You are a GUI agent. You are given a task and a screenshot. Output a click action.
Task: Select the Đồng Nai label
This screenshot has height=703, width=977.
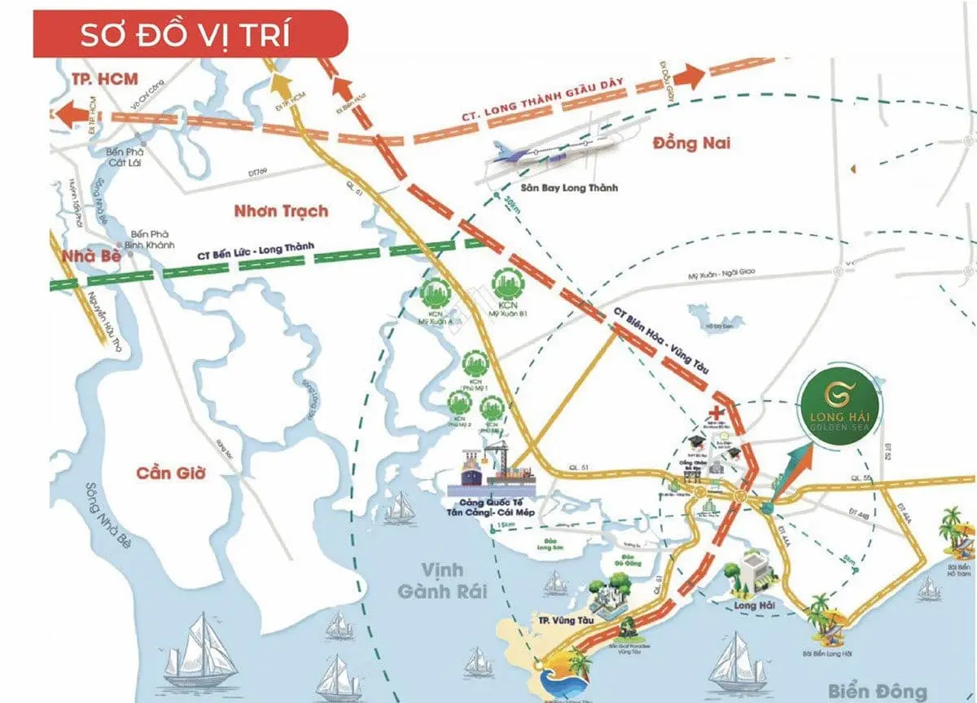click(691, 144)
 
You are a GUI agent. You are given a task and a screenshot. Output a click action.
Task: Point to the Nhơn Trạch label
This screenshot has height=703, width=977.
click(280, 211)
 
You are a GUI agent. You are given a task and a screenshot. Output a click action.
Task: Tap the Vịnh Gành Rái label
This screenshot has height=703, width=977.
click(443, 580)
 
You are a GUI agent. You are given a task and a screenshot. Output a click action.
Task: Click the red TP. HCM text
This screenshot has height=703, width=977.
click(99, 79)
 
